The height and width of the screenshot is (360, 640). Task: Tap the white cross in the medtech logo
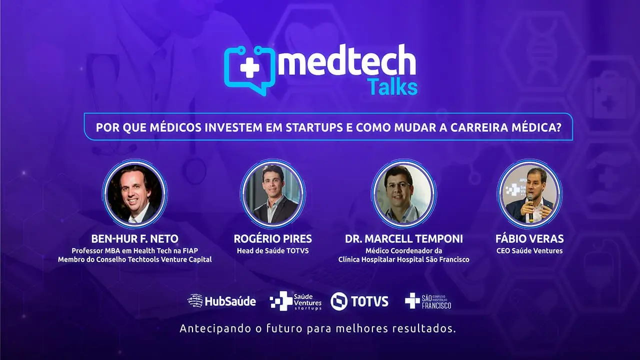pyautogui.click(x=249, y=67)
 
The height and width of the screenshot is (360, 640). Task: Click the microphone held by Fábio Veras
pyautogui.click(x=529, y=205)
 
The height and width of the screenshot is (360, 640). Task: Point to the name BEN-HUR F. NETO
pyautogui.click(x=134, y=239)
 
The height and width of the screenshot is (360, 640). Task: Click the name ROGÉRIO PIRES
pyautogui.click(x=272, y=239)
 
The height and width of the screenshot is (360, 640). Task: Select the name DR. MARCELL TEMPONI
pyautogui.click(x=404, y=239)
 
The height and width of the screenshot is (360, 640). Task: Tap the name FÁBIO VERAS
pyautogui.click(x=529, y=239)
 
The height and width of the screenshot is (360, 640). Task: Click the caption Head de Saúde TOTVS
pyautogui.click(x=272, y=250)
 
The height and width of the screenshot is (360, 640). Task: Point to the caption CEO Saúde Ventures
pyautogui.click(x=529, y=250)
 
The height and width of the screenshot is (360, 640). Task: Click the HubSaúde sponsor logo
pyautogui.click(x=221, y=301)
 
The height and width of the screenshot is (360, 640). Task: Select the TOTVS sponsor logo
pyautogui.click(x=359, y=301)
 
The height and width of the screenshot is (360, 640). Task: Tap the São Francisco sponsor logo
pyautogui.click(x=428, y=301)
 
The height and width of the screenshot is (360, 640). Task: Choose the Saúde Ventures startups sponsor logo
pyautogui.click(x=295, y=301)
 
